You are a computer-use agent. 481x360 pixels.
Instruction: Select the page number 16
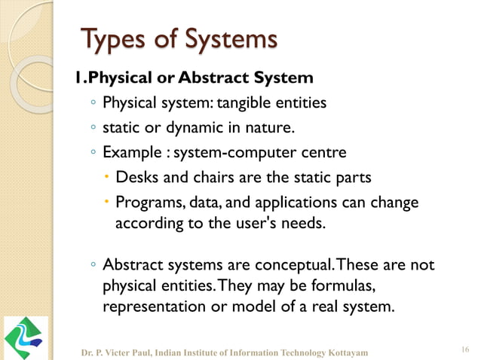point(464,348)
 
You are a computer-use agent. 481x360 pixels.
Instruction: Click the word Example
point(128,153)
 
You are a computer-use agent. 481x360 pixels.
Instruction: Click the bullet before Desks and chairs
point(107,178)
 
